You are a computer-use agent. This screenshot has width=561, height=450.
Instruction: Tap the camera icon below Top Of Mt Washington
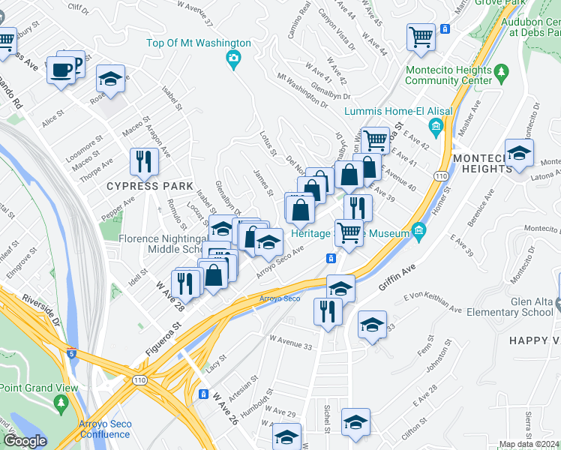[x=234, y=58]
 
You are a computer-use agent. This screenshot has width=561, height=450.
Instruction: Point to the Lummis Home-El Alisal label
[x=397, y=111]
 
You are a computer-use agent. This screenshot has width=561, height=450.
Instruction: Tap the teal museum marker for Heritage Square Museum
[x=419, y=234]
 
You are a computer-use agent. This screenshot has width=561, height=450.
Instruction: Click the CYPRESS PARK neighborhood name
[x=140, y=185]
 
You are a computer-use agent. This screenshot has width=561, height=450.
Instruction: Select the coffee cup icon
[x=60, y=71]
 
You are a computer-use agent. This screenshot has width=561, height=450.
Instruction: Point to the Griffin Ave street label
[x=397, y=275]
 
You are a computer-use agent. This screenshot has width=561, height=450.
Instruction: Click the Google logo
[x=25, y=441]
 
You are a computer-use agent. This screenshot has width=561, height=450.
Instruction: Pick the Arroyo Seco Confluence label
[x=105, y=429]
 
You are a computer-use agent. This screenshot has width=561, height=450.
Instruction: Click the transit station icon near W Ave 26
[x=203, y=394]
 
